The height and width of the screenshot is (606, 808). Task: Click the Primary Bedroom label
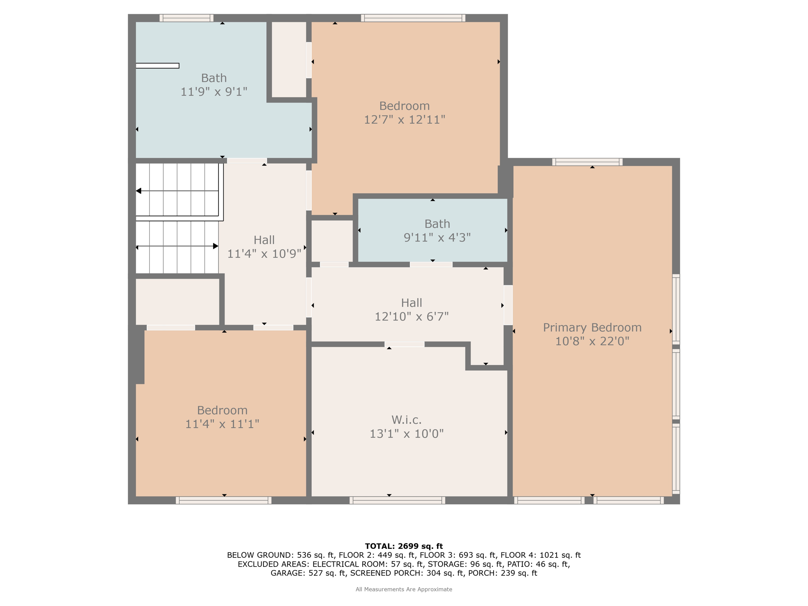coord(592,327)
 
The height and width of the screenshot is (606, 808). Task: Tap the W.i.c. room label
coord(406,419)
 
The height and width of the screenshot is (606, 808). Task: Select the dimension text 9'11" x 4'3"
coord(437,238)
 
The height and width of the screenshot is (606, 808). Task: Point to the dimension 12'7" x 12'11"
coord(404,120)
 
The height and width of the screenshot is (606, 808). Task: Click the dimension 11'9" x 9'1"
coord(214,92)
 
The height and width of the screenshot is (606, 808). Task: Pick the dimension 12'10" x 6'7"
coord(411,316)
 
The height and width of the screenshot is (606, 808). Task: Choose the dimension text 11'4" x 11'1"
coord(222,424)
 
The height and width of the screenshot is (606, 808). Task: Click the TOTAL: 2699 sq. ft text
coord(404,546)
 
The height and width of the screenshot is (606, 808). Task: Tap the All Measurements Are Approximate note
coord(404,589)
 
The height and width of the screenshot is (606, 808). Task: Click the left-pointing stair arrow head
coord(138,191)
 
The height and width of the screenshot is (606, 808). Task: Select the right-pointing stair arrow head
coord(215,246)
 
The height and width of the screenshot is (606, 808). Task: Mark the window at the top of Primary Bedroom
coord(587,162)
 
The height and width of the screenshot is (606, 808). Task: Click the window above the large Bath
coord(187,18)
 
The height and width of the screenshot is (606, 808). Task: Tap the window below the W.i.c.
coord(397,500)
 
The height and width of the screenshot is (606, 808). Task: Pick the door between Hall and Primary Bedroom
coord(508,305)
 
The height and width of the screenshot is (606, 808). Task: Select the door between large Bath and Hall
coord(247,161)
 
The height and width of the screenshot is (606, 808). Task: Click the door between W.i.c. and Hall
coord(404,344)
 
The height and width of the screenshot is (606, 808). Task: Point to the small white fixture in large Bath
coord(157,66)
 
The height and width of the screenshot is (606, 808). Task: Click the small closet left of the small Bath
coord(332,241)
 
